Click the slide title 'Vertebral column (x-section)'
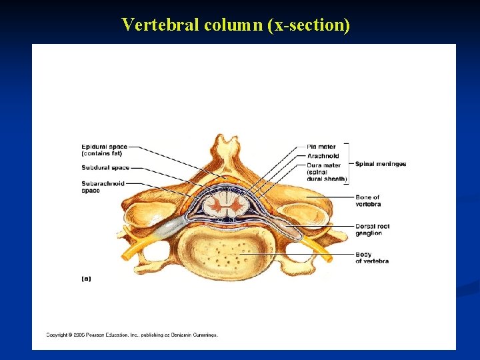(x=235, y=25)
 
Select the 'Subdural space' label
(x=105, y=167)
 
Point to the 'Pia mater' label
(x=321, y=147)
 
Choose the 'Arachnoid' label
(x=323, y=156)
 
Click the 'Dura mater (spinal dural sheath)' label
(x=327, y=172)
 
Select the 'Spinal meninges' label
(x=380, y=164)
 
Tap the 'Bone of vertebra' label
(x=367, y=201)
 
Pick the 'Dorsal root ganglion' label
(x=372, y=230)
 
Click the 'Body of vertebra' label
(x=371, y=257)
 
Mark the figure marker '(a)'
(x=86, y=279)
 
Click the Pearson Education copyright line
(x=131, y=335)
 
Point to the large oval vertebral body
(x=227, y=253)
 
